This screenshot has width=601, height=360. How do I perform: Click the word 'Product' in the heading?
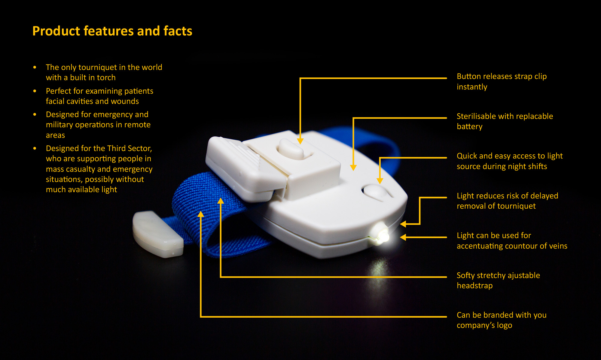click(x=56, y=31)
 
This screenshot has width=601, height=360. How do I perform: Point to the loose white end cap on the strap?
click(x=157, y=234)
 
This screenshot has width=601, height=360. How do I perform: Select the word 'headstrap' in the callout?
click(x=474, y=286)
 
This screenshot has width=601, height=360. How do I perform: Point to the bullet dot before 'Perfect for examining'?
click(x=35, y=91)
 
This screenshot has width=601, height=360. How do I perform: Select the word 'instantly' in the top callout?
click(x=472, y=87)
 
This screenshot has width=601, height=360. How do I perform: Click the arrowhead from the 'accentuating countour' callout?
click(x=403, y=237)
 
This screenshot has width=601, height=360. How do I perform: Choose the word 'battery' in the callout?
click(x=469, y=127)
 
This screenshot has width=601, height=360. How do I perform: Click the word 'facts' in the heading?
click(x=178, y=31)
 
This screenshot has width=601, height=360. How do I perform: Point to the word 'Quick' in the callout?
click(x=467, y=156)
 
